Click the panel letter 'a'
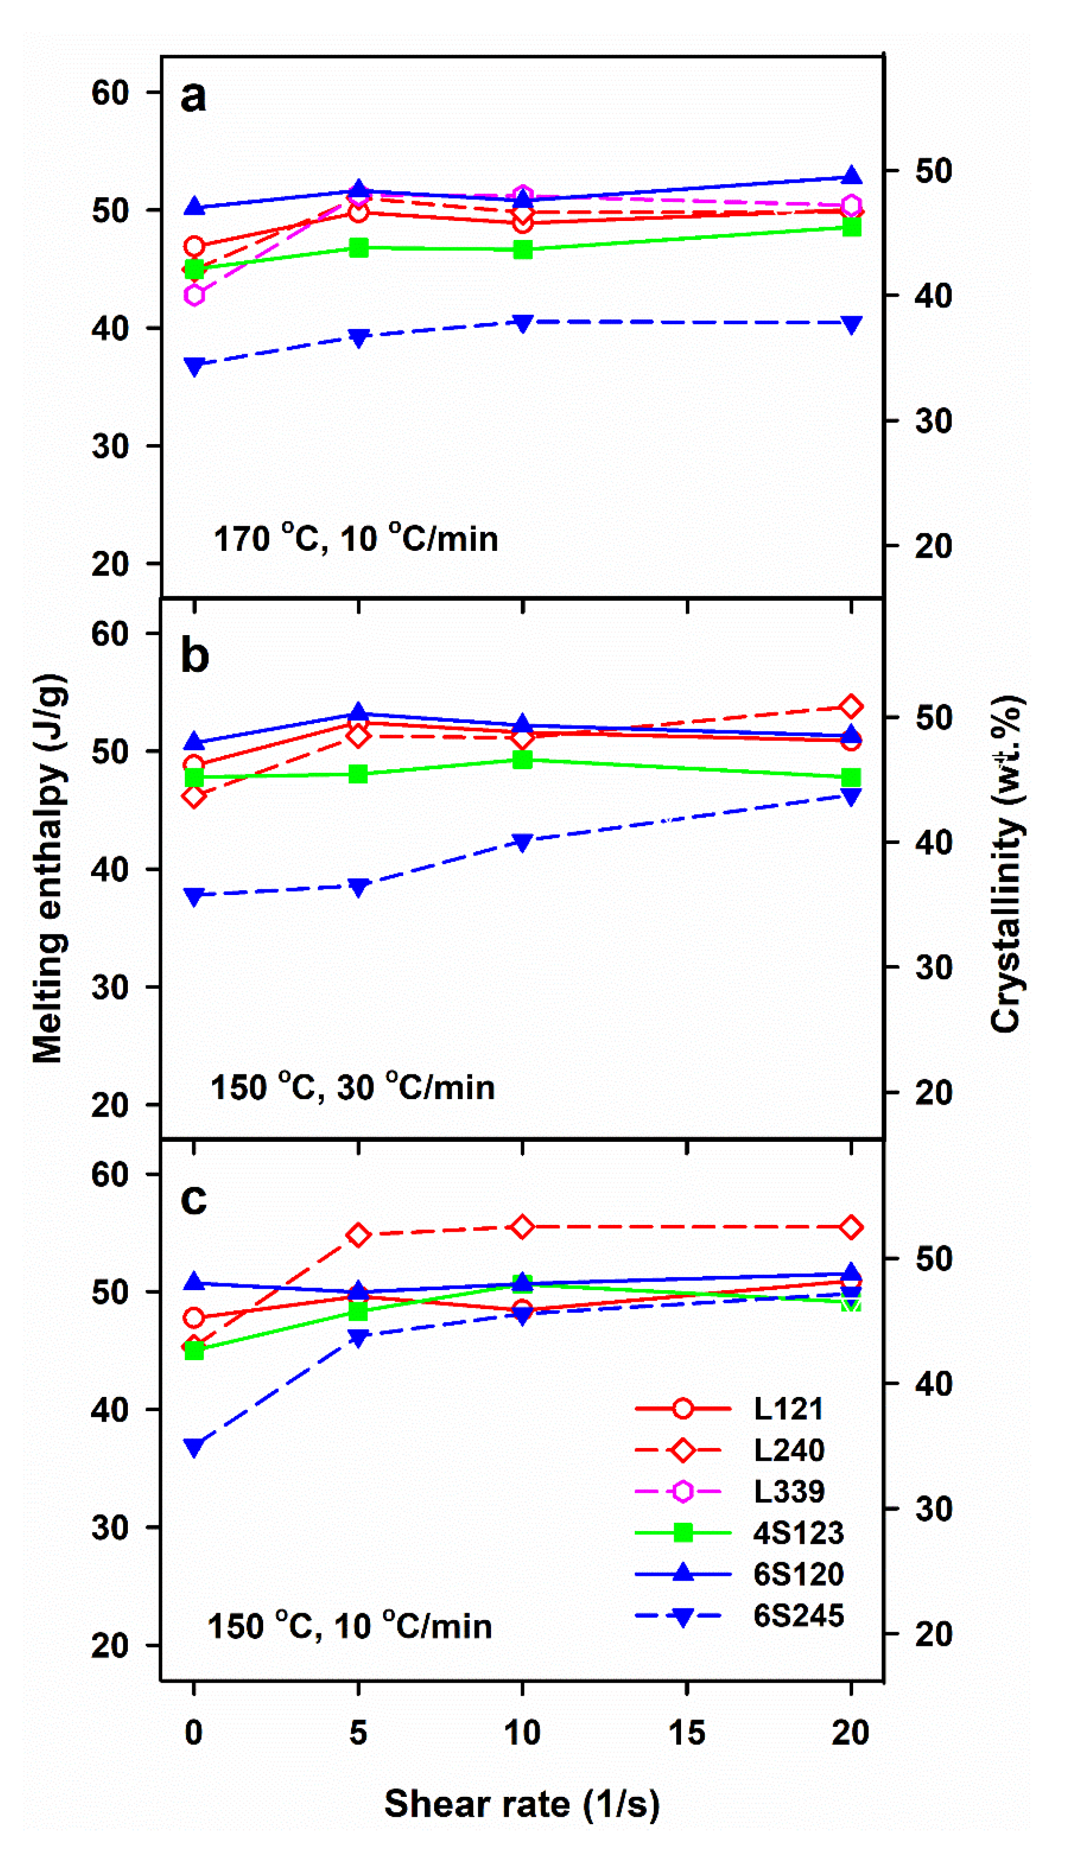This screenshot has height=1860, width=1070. [x=193, y=97]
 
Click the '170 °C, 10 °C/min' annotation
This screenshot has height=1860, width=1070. [x=356, y=538]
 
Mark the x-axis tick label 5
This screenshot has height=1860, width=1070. [x=358, y=1732]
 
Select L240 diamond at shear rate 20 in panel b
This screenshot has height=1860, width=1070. [x=851, y=707]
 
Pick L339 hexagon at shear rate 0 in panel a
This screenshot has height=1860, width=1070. [x=194, y=295]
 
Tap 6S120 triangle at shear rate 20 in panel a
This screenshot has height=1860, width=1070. [x=851, y=176]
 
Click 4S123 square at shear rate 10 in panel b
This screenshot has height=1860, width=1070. [x=523, y=760]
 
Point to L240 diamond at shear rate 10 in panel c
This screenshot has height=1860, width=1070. [x=523, y=1227]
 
